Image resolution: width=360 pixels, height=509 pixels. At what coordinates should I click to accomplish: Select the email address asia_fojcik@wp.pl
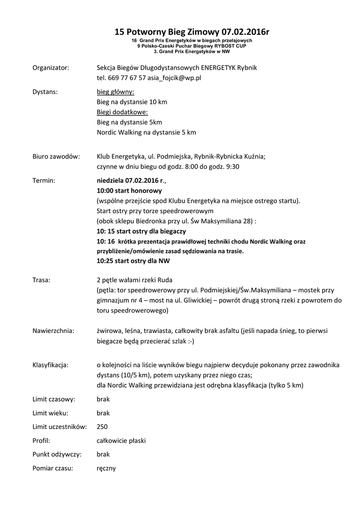click(174, 78)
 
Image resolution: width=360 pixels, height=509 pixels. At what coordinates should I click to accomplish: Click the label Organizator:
click(51, 68)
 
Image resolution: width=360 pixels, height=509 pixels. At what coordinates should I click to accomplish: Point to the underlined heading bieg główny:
click(115, 92)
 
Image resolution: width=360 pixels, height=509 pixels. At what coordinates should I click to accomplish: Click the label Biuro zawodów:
click(56, 156)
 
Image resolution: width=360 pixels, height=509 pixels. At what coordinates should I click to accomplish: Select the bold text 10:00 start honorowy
click(129, 190)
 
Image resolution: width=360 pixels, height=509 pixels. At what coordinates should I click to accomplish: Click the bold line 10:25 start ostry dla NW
click(133, 260)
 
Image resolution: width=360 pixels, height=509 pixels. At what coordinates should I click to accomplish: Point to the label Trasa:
click(41, 280)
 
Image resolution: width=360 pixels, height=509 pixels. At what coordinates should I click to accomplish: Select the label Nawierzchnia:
click(53, 331)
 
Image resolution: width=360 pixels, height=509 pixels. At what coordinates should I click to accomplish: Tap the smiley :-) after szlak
click(188, 341)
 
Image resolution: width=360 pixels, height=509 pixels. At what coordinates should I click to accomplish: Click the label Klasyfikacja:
click(50, 365)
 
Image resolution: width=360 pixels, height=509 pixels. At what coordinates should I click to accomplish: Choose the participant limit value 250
click(102, 426)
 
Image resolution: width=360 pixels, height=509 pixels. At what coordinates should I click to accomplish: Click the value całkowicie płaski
click(121, 440)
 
